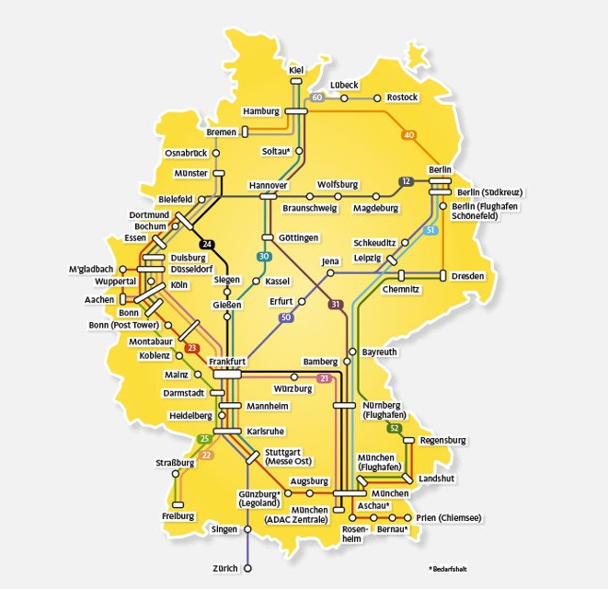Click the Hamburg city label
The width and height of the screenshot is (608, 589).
pyautogui.click(x=260, y=111)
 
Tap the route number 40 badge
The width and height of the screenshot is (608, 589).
pyautogui.click(x=409, y=135)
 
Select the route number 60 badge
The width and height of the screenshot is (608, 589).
pyautogui.click(x=316, y=98)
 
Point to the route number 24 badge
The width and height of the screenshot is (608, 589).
pyautogui.click(x=208, y=244)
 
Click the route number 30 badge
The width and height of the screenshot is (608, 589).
pyautogui.click(x=265, y=256)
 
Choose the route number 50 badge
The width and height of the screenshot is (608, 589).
pyautogui.click(x=286, y=318)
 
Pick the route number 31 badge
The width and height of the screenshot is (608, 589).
pyautogui.click(x=336, y=304)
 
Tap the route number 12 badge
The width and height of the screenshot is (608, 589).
pyautogui.click(x=405, y=180)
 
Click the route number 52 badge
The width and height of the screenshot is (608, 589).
pyautogui.click(x=395, y=428)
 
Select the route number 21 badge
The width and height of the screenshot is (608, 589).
pyautogui.click(x=324, y=378)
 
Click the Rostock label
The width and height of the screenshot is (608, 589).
pyautogui.click(x=402, y=97)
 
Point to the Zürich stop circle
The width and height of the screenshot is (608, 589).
pyautogui.click(x=247, y=569)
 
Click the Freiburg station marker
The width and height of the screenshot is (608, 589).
pyautogui.click(x=179, y=504)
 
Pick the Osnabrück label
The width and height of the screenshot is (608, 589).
pyautogui.click(x=186, y=152)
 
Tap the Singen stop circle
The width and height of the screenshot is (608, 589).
pyautogui.click(x=247, y=529)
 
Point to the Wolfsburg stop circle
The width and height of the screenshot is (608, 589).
pyautogui.click(x=338, y=196)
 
